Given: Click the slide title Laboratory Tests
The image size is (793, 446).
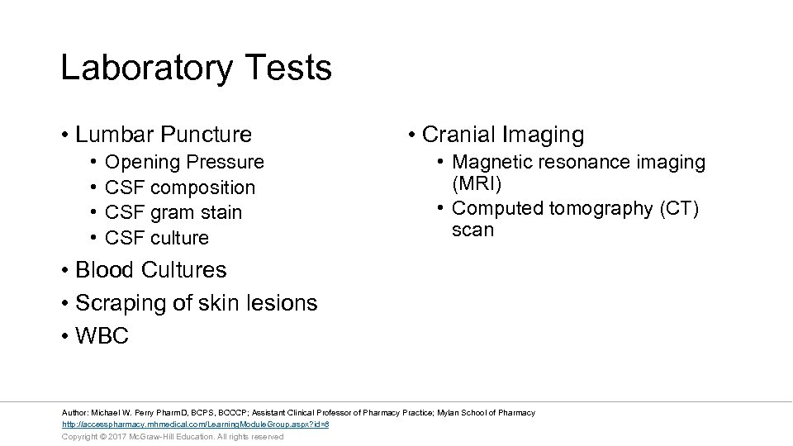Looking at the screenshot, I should coord(196,68).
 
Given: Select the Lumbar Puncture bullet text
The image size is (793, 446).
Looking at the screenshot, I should coord(163,134).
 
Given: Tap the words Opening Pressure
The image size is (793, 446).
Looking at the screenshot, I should coord(184,162).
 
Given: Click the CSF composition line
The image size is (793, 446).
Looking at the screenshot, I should coord(180,187).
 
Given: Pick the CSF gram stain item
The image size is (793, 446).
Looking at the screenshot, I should coord(173,212).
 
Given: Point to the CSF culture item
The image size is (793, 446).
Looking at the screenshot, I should coord(157,238).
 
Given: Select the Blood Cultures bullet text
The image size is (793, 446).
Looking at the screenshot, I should coord(150,270).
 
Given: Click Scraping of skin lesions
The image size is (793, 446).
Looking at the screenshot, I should coord(196,303).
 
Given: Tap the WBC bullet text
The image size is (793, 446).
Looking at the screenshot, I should coord(102,336).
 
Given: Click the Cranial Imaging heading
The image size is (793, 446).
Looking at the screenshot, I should coord(502,135).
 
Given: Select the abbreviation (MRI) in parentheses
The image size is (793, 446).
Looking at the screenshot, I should coord(477,183).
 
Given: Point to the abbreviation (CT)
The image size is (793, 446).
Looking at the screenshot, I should coord(679,209).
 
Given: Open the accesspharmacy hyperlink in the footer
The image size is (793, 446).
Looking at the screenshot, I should coord(196,425).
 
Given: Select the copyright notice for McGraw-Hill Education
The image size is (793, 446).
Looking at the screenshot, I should coord(173,436).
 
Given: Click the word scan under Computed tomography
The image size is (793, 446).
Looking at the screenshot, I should coord(472,230).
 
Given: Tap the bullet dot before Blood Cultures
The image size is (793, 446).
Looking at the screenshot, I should coord(64,271).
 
